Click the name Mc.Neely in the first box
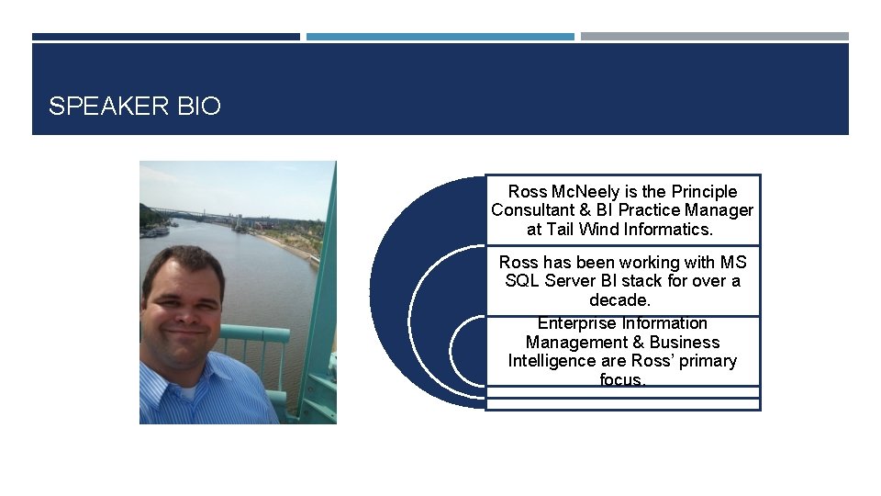click(585, 192)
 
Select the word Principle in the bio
click(704, 192)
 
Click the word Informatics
click(667, 230)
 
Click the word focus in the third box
click(621, 379)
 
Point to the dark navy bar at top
click(165, 37)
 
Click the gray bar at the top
click(714, 37)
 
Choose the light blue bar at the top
click(440, 37)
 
